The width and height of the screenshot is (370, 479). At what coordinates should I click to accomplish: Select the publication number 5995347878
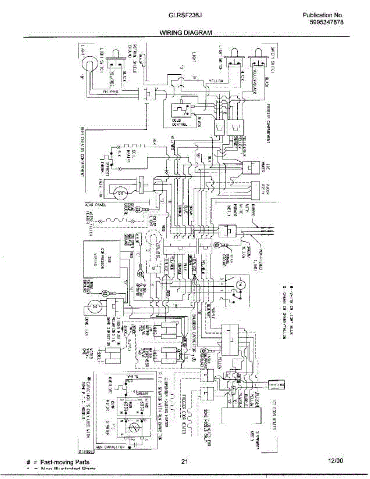point(326,22)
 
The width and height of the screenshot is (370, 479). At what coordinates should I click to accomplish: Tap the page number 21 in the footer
point(184,462)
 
